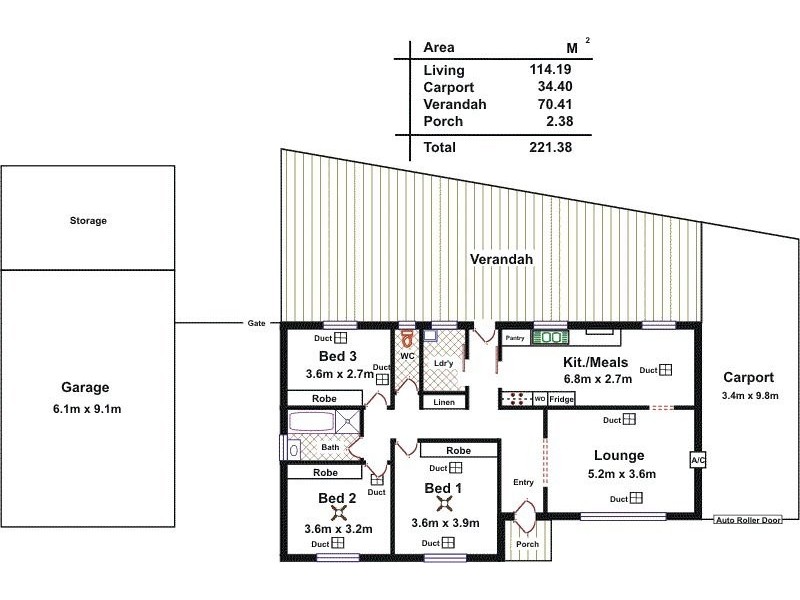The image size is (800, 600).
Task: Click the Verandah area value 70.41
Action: (555, 104)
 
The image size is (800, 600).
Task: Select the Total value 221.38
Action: (551, 147)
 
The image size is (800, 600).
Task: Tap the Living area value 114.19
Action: (550, 69)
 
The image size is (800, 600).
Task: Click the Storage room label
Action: (88, 220)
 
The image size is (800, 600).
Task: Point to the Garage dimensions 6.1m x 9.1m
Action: (87, 409)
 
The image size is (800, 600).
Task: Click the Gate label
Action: (256, 323)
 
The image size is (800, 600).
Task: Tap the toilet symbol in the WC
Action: (407, 338)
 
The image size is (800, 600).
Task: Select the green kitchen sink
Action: (550, 337)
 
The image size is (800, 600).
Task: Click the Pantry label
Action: (515, 338)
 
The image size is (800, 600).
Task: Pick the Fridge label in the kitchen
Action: (561, 399)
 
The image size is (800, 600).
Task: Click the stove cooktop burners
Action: (516, 398)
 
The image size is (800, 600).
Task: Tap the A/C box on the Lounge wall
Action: (697, 460)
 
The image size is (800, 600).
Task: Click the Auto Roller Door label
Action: (748, 520)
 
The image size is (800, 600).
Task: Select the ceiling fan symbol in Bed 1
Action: (445, 505)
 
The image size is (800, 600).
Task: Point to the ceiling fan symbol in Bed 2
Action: (339, 513)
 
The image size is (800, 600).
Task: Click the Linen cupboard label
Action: (444, 402)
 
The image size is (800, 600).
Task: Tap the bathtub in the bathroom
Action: (312, 422)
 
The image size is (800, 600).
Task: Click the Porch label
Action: (527, 544)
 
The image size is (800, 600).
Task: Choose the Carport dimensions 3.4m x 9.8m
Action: (750, 395)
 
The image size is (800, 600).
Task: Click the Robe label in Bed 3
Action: (324, 398)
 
